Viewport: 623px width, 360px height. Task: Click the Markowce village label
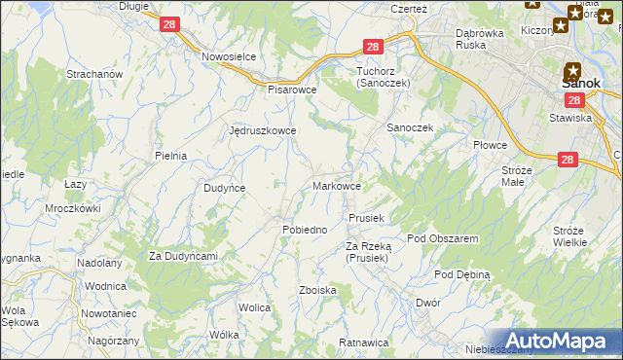pyautogui.click(x=338, y=186)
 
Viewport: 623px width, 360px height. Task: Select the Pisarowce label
pyautogui.click(x=293, y=89)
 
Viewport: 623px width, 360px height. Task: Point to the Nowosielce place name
pyautogui.click(x=229, y=56)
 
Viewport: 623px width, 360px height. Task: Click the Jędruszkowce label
pyautogui.click(x=262, y=130)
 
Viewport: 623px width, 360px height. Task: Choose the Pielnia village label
pyautogui.click(x=170, y=156)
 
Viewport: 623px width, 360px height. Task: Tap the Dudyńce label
pyautogui.click(x=224, y=188)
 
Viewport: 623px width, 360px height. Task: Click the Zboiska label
pyautogui.click(x=318, y=290)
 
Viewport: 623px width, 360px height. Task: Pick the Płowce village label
pyautogui.click(x=491, y=145)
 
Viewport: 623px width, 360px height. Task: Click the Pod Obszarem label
pyautogui.click(x=442, y=238)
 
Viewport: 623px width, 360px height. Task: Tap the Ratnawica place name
pyautogui.click(x=364, y=342)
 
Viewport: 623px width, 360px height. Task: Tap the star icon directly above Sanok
pyautogui.click(x=572, y=70)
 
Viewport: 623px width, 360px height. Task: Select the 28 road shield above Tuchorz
pyautogui.click(x=374, y=47)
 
